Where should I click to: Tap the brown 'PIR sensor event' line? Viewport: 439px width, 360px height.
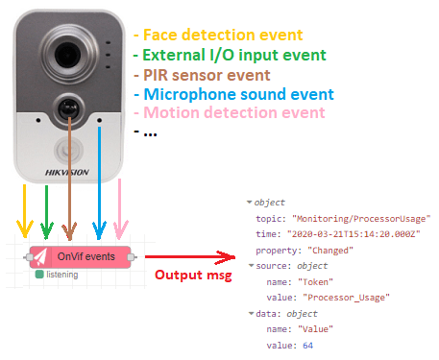click(x=205, y=74)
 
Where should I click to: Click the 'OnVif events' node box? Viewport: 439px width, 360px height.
click(x=85, y=257)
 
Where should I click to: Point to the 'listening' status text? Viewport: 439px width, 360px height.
click(x=61, y=275)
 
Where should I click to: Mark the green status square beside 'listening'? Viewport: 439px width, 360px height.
click(x=38, y=275)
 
